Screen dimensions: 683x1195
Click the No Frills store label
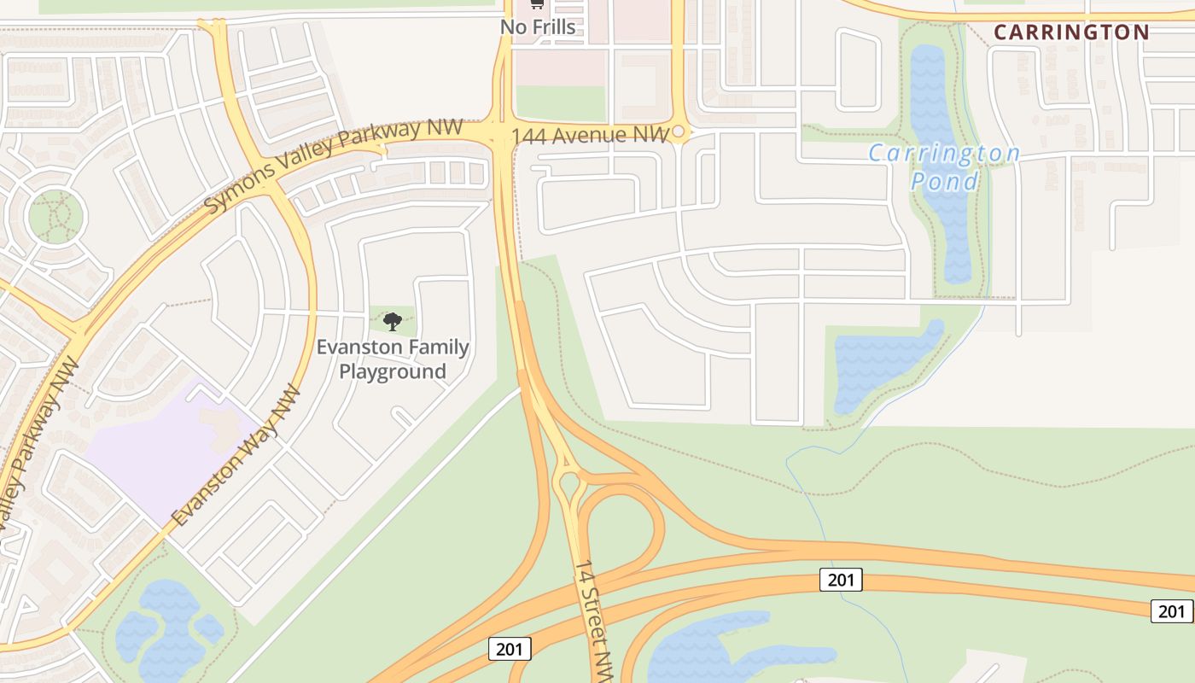[538, 27]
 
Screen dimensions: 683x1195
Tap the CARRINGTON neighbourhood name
[1071, 32]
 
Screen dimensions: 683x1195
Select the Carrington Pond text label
[944, 167]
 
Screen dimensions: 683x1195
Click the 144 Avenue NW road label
[590, 135]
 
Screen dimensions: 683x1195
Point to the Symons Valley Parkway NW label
[333, 166]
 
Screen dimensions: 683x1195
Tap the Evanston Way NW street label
[236, 456]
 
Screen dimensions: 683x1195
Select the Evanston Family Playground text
[393, 359]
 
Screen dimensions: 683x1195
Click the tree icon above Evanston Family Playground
[393, 322]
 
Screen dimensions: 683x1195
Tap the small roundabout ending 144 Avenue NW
[679, 132]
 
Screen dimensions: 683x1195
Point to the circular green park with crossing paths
[56, 216]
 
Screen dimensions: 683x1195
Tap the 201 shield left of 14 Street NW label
[510, 649]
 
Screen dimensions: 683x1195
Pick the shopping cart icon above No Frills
[537, 4]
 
